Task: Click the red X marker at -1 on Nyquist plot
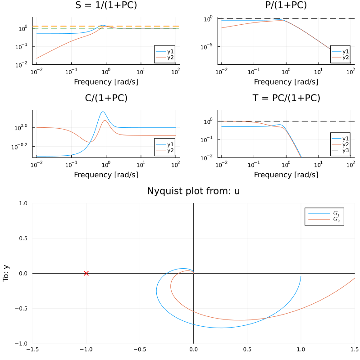click(86, 273)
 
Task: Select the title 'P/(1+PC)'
click(286, 5)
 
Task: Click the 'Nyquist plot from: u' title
click(193, 191)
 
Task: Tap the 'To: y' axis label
click(6, 273)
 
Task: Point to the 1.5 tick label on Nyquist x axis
click(354, 349)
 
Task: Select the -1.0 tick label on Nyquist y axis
click(21, 343)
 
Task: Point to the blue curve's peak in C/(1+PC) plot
click(103, 112)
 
